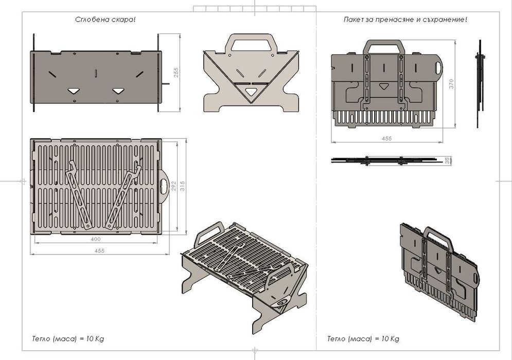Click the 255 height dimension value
coord(176,72)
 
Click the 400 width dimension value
coord(96,239)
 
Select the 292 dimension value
coord(174,186)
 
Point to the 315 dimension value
coord(183,186)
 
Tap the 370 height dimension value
coord(451,84)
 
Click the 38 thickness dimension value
coord(448,160)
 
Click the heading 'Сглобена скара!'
coord(105,20)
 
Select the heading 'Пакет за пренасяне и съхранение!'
coord(405,20)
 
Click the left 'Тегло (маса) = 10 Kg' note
coord(68,338)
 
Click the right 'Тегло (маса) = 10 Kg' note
coord(363,338)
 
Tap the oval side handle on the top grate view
coord(164,186)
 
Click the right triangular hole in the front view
coord(118,91)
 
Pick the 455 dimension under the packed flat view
coord(386,138)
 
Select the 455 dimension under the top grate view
coord(99,250)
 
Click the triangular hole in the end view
coord(251,92)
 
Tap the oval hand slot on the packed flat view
coord(438,68)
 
